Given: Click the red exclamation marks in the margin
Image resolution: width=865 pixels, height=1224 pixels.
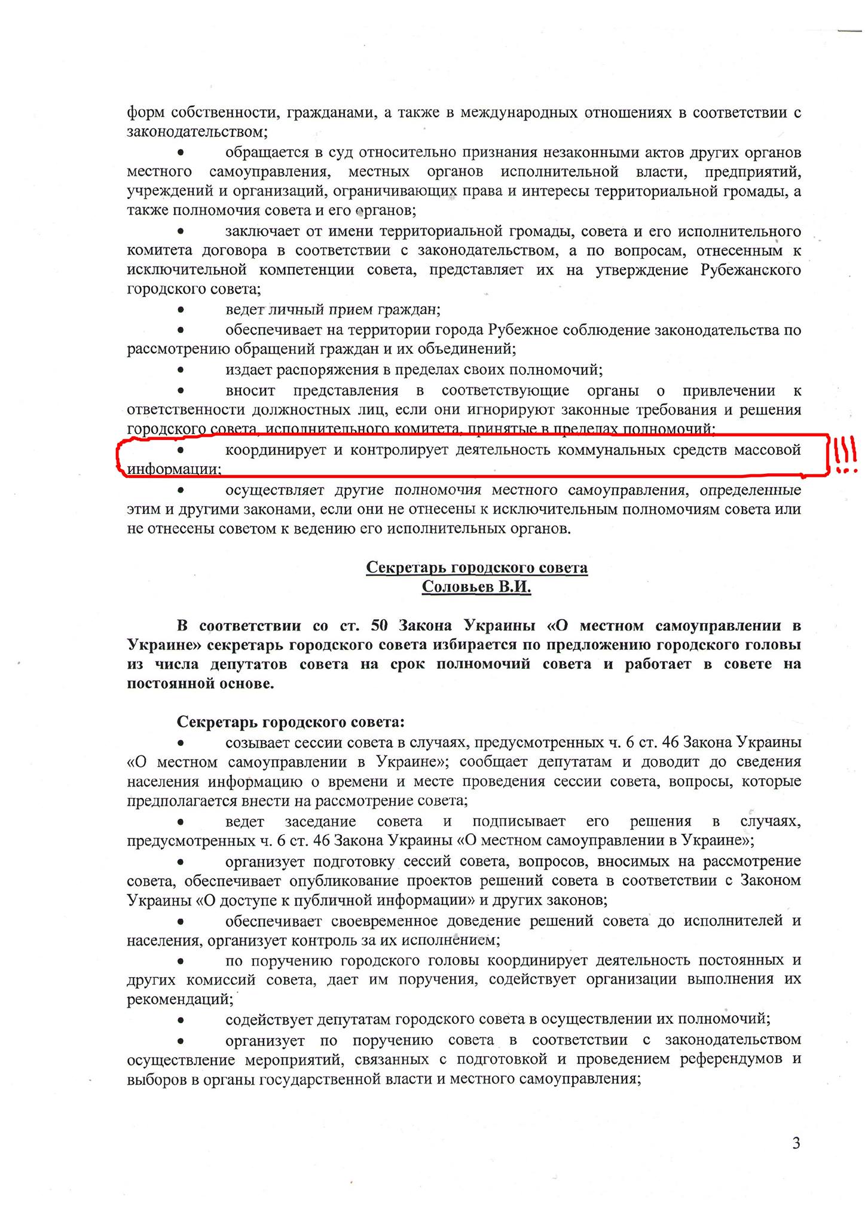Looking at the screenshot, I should pos(843,455).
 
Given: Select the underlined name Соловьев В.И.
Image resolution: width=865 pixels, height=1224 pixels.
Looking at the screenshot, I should pos(476,587).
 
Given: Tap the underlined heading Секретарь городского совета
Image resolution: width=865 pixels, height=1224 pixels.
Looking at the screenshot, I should pos(476,567).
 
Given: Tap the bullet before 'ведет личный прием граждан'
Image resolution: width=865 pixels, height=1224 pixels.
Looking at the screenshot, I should pos(181,310).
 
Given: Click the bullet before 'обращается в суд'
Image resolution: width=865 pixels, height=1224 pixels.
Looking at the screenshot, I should pos(181,153).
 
